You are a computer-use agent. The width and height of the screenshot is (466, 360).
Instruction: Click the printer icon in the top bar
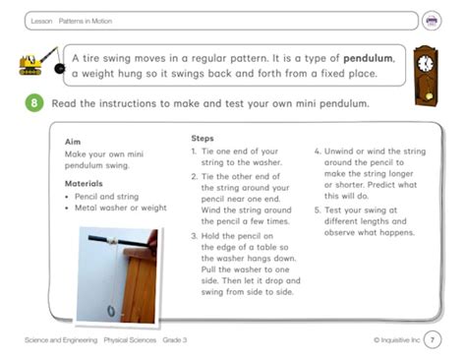click(432, 21)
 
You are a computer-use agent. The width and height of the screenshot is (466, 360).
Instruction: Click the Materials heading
click(84, 184)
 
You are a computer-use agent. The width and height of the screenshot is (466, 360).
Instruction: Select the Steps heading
click(203, 139)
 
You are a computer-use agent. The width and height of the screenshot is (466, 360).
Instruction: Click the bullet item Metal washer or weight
click(120, 209)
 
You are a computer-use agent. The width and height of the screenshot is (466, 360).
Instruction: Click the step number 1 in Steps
click(194, 151)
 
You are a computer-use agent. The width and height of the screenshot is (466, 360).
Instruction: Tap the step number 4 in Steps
click(317, 151)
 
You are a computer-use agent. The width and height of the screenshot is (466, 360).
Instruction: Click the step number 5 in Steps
click(317, 210)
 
